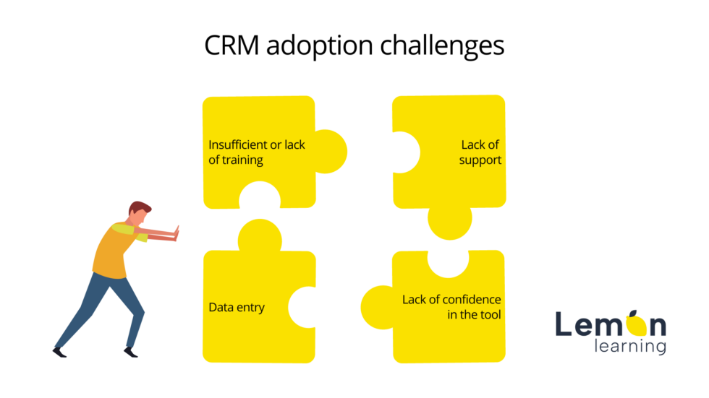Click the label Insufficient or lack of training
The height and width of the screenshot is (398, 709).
tap(257, 152)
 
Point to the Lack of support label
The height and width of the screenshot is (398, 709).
tap(480, 152)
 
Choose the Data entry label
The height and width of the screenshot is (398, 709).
tap(237, 307)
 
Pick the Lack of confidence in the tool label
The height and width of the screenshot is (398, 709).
tap(451, 307)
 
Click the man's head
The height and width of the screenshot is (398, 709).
tap(140, 213)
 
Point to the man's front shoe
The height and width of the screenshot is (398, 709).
tap(130, 352)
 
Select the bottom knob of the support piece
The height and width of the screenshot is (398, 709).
tap(449, 221)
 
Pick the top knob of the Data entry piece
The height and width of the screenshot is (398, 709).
tap(259, 235)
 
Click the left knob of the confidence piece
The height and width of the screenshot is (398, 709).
tap(376, 307)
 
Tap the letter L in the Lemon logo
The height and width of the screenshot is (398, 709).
tap(564, 324)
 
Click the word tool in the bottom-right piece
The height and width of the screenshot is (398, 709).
tap(489, 314)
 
